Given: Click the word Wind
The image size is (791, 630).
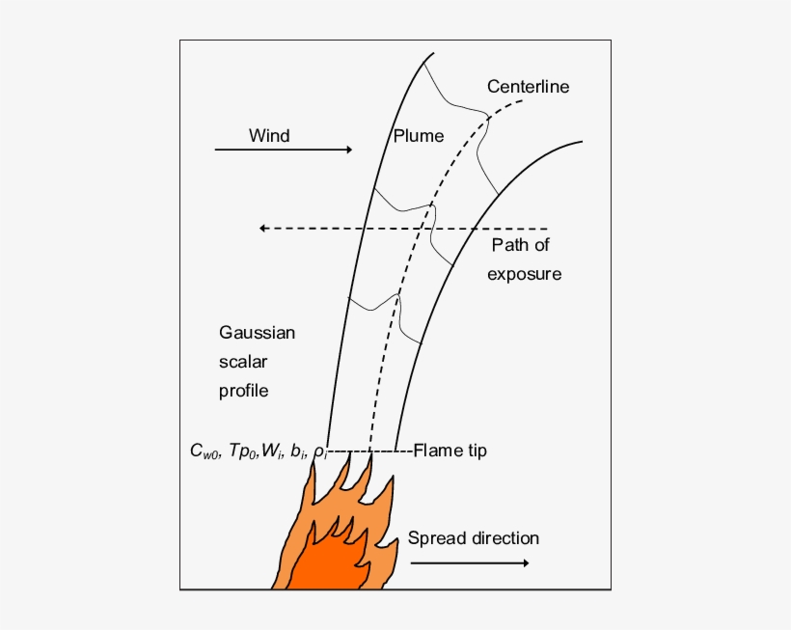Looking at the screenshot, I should pyautogui.click(x=269, y=135).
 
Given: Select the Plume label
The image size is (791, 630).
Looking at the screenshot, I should pyautogui.click(x=419, y=136).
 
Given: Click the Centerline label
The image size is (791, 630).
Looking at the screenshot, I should pyautogui.click(x=528, y=87).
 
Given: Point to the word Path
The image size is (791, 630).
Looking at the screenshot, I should pyautogui.click(x=508, y=245).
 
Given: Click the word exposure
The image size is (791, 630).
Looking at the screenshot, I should pyautogui.click(x=524, y=274).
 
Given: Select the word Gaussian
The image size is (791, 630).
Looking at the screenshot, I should pyautogui.click(x=257, y=333).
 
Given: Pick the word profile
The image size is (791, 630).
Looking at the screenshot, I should pyautogui.click(x=243, y=391).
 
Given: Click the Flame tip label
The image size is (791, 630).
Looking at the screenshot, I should pyautogui.click(x=450, y=451).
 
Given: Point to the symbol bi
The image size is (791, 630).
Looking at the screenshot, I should pyautogui.click(x=298, y=451).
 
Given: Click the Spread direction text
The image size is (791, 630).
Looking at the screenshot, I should pyautogui.click(x=473, y=537).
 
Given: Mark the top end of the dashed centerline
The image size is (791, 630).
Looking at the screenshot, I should pyautogui.click(x=522, y=100).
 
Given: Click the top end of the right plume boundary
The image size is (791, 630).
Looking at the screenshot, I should pyautogui.click(x=581, y=143).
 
